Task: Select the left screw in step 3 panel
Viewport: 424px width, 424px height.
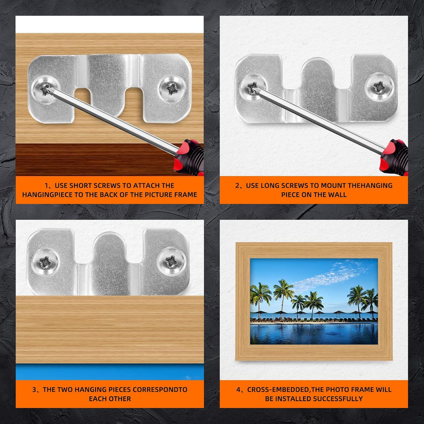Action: (x=46, y=262)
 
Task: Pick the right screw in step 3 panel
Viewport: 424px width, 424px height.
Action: (x=172, y=262)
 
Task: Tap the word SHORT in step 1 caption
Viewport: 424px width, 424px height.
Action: (x=81, y=185)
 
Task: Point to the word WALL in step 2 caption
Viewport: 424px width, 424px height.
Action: (x=337, y=195)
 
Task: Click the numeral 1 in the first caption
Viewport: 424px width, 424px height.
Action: (x=46, y=185)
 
